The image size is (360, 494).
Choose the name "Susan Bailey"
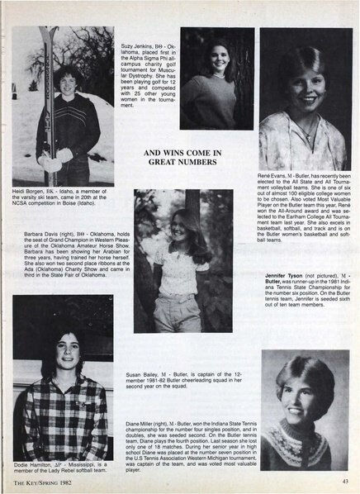pyautogui.click(x=146, y=374)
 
